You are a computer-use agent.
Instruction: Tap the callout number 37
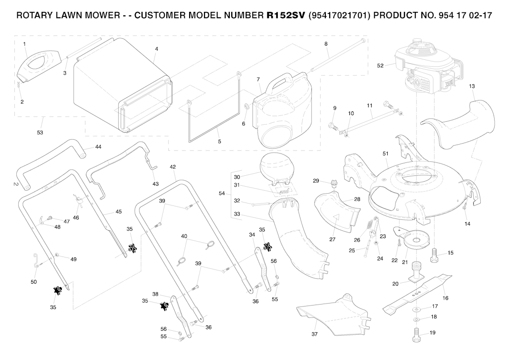pos(314,335)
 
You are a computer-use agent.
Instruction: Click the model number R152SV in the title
pos(286,15)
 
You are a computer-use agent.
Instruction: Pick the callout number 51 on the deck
pos(385,154)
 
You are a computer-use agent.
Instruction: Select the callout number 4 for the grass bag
pos(156,49)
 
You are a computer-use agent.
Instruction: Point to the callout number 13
pos(472,86)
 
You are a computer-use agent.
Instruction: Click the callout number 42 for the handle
pos(173,167)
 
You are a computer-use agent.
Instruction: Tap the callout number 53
pos(40,132)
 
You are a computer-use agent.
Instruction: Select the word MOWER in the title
pos(99,15)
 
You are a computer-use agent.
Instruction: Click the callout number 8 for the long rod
pos(326,44)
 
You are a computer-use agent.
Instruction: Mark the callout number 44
pos(98,147)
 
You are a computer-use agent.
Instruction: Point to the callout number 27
pos(332,239)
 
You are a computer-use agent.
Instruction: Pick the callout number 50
pos(34,282)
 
